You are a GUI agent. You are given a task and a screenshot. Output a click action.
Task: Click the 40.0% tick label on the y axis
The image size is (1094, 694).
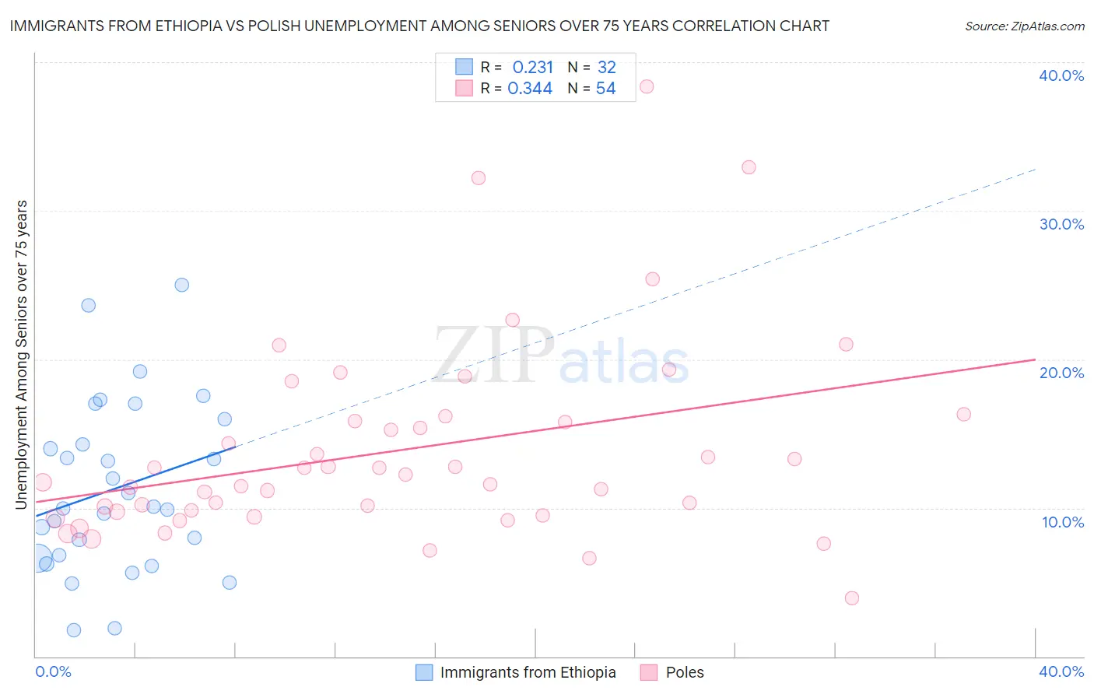pyautogui.click(x=1061, y=75)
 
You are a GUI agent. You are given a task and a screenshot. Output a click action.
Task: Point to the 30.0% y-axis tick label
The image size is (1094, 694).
pyautogui.click(x=1061, y=224)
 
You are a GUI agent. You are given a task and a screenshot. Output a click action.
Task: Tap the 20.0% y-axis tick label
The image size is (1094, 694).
pyautogui.click(x=1061, y=373)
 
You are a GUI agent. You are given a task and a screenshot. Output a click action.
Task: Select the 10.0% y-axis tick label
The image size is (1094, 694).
pyautogui.click(x=1063, y=522)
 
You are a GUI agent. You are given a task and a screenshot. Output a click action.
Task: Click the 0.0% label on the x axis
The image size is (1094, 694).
pyautogui.click(x=53, y=671)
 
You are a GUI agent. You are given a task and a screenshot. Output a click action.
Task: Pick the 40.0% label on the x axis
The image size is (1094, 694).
pyautogui.click(x=1061, y=671)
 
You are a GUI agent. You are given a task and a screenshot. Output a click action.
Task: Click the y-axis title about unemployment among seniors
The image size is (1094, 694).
pyautogui.click(x=22, y=355)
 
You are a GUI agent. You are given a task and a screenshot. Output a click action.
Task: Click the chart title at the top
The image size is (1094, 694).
pyautogui.click(x=419, y=26)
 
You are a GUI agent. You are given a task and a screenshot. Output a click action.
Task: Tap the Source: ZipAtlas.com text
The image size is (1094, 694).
pyautogui.click(x=1024, y=26)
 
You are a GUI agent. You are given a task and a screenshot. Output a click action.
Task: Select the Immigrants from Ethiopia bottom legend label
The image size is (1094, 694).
pyautogui.click(x=528, y=672)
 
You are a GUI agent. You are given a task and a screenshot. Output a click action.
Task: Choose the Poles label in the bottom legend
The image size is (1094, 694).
pyautogui.click(x=685, y=672)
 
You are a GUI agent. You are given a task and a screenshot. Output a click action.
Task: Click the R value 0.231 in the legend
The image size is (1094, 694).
pyautogui.click(x=532, y=67)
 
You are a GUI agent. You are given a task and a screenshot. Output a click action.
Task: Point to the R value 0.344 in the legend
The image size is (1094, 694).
pyautogui.click(x=530, y=89)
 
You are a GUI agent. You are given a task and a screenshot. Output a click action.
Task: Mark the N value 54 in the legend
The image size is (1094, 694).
pyautogui.click(x=605, y=89)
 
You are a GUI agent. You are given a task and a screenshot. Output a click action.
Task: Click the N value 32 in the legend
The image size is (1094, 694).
pyautogui.click(x=606, y=67)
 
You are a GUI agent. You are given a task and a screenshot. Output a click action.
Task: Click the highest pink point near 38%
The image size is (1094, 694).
pyautogui.click(x=646, y=86)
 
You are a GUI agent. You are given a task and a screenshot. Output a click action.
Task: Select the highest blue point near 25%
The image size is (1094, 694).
pyautogui.click(x=181, y=285)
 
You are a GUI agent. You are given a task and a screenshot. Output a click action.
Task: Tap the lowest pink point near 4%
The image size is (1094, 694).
pyautogui.click(x=851, y=598)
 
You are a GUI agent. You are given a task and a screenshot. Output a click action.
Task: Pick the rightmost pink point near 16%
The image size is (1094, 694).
pyautogui.click(x=963, y=414)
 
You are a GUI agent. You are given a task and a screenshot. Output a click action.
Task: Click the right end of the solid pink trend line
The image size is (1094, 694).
pyautogui.click(x=1035, y=359)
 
